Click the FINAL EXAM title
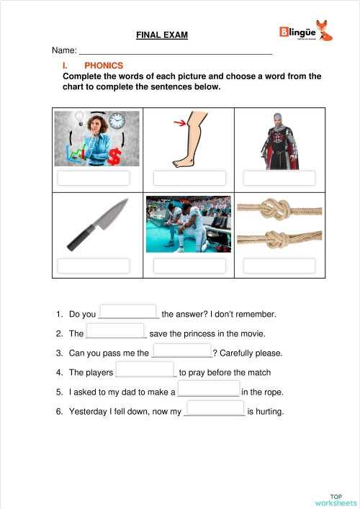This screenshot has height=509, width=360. click(162, 35)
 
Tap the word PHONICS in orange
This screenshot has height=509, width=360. click(104, 65)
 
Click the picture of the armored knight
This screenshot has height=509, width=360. click(278, 140)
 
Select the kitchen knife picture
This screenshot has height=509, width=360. click(98, 225)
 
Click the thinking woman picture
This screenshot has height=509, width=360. click(98, 139)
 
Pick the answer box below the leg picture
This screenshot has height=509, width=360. click(189, 179)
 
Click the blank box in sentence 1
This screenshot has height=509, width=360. click(128, 312)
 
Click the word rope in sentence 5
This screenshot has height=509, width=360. click(272, 392)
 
